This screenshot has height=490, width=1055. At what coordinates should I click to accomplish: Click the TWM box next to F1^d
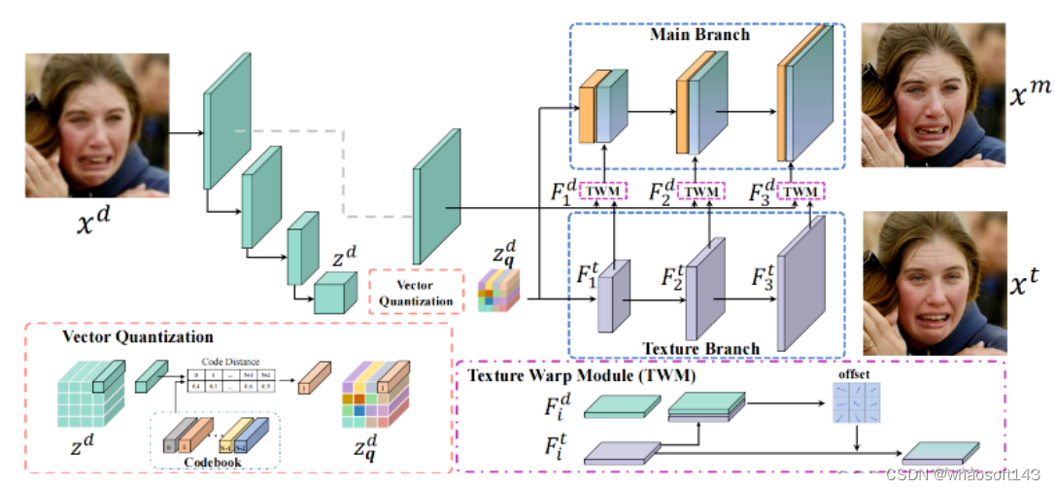604,192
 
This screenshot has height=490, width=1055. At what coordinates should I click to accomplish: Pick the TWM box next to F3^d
799,192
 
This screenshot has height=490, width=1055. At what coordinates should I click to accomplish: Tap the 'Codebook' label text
213,462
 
